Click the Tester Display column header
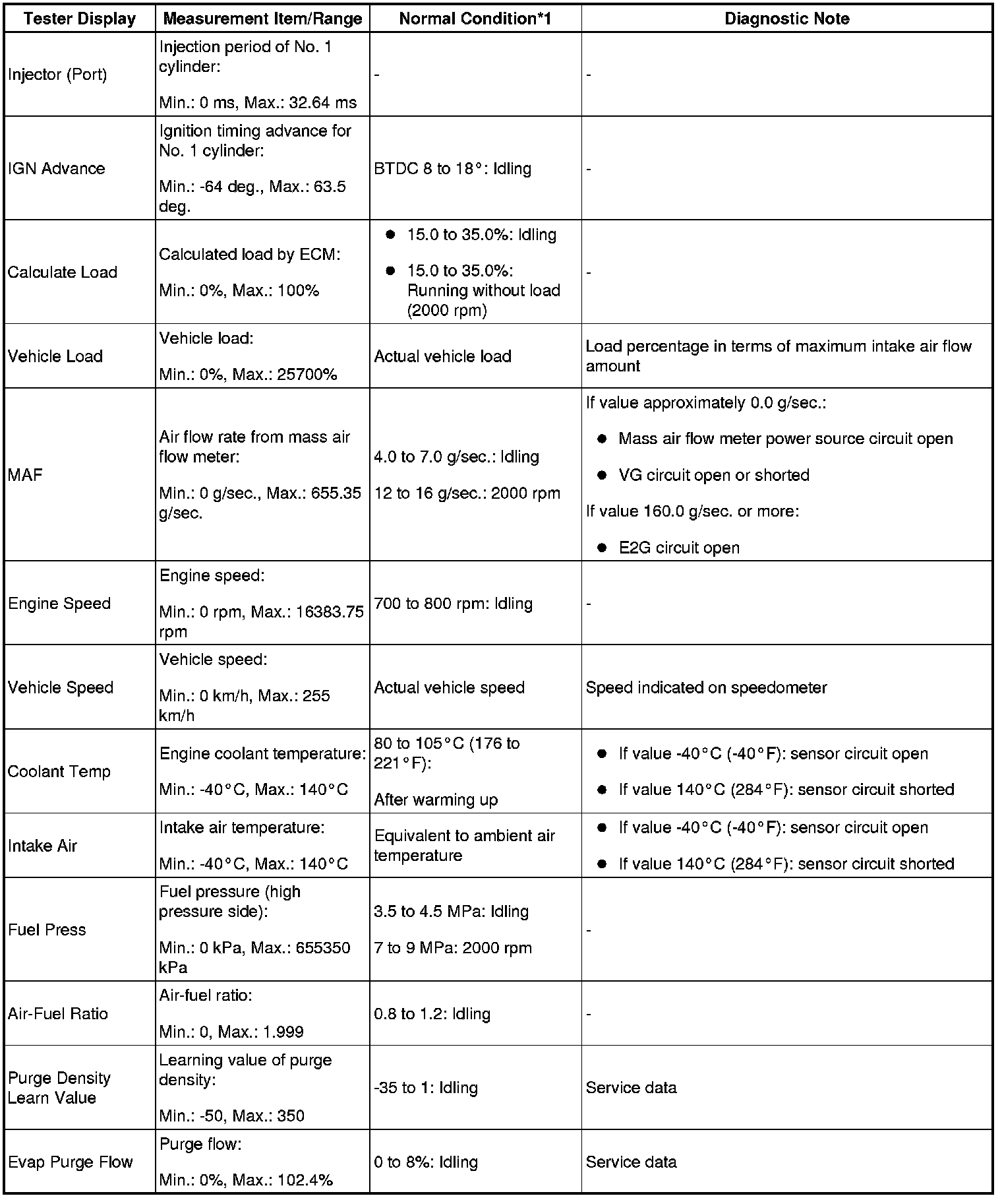click(x=80, y=18)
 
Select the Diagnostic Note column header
click(x=786, y=18)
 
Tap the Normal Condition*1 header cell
click(x=475, y=18)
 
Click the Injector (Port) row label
click(x=57, y=75)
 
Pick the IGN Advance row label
click(x=57, y=168)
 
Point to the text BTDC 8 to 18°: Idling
click(x=452, y=168)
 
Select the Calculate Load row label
click(x=63, y=272)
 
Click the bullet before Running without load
click(x=390, y=271)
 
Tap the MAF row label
click(x=26, y=475)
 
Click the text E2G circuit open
click(x=679, y=548)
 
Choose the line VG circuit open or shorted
click(x=714, y=475)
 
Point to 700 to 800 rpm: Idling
click(x=453, y=604)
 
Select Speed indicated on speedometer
click(x=706, y=687)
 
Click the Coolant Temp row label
click(x=59, y=771)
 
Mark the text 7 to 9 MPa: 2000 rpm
click(x=453, y=948)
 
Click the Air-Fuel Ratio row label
click(x=58, y=1013)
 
